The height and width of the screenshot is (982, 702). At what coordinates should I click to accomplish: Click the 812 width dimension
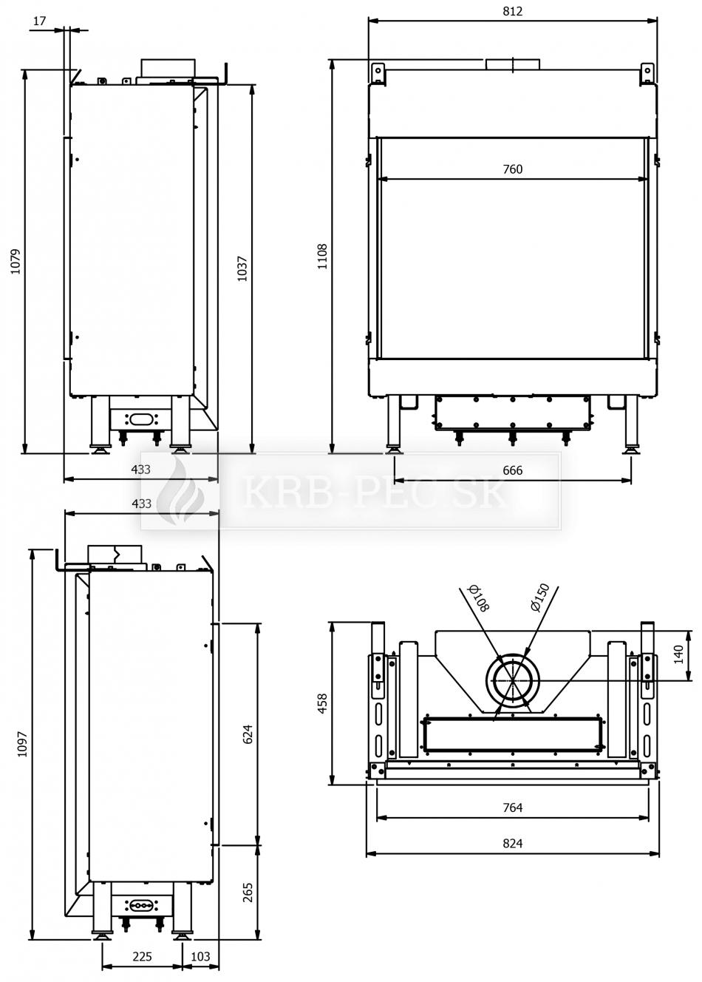[512, 11]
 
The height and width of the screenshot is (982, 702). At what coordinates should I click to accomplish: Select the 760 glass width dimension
[512, 169]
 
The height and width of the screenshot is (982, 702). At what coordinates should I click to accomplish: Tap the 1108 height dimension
[322, 257]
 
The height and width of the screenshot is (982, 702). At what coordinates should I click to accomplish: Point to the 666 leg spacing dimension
[512, 470]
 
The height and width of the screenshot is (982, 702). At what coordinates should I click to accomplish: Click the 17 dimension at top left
[39, 21]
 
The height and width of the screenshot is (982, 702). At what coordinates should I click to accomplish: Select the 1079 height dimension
[16, 262]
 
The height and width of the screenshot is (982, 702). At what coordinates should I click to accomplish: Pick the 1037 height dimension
[242, 268]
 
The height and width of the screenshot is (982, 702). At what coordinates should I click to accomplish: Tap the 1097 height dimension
[22, 744]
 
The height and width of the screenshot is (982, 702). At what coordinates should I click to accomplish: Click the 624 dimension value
[248, 734]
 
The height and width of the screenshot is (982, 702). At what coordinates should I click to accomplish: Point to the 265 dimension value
[248, 892]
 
